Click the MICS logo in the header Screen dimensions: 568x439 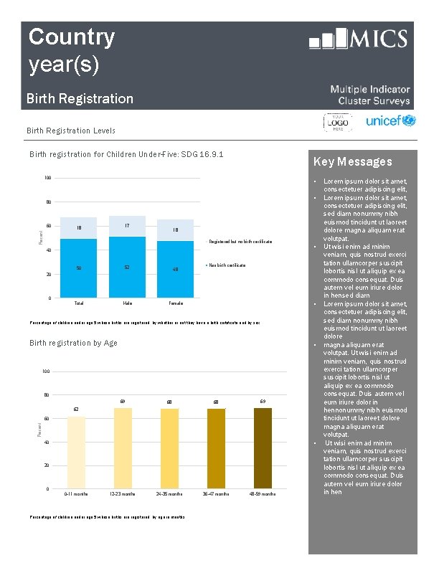(x=358, y=39)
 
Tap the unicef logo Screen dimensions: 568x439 (x=390, y=121)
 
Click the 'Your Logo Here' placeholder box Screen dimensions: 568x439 (x=338, y=123)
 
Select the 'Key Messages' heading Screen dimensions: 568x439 (x=352, y=161)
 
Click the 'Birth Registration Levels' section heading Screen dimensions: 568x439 (x=70, y=131)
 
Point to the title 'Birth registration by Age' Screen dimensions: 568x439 (x=73, y=343)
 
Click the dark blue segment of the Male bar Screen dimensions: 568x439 (x=127, y=267)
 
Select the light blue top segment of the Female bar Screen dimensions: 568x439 (x=176, y=230)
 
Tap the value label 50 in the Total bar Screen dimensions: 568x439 (x=79, y=268)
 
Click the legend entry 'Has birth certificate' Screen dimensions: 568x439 (x=227, y=265)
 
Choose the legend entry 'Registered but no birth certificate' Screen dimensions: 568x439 (x=240, y=242)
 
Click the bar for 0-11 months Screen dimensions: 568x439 (x=76, y=453)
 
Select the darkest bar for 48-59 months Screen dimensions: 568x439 (x=263, y=448)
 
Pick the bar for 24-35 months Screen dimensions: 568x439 (x=169, y=449)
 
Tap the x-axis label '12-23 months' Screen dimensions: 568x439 (x=123, y=494)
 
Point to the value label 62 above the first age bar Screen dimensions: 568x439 (x=76, y=409)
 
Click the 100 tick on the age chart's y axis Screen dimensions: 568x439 (x=45, y=371)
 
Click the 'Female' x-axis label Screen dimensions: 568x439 (x=176, y=303)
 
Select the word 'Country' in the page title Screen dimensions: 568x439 (x=71, y=37)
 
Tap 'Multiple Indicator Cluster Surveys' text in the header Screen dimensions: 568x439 (x=370, y=95)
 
